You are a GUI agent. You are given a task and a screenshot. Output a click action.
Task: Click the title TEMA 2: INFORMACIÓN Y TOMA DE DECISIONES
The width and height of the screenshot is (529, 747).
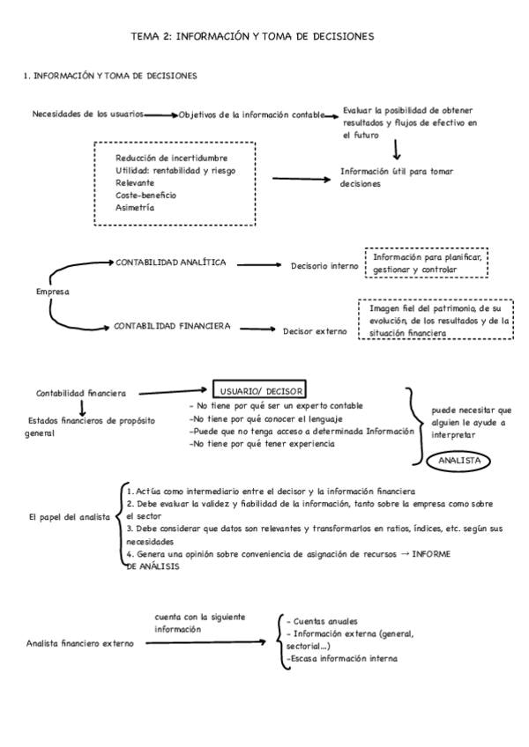pyautogui.click(x=252, y=36)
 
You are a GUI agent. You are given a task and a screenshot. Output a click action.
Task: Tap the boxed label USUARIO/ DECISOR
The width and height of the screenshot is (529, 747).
pyautogui.click(x=259, y=390)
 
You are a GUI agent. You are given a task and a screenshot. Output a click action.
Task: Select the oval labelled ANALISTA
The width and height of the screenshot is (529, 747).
pyautogui.click(x=458, y=461)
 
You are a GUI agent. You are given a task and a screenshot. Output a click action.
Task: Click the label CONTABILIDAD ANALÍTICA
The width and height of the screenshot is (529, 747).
pyautogui.click(x=171, y=263)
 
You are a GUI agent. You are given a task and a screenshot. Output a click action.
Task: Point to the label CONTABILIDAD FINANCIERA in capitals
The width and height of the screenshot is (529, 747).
pyautogui.click(x=172, y=326)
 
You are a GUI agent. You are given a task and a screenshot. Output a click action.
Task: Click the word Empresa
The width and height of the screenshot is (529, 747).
pyautogui.click(x=53, y=292)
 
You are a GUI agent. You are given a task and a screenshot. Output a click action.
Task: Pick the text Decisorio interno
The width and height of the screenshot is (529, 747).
pyautogui.click(x=324, y=265)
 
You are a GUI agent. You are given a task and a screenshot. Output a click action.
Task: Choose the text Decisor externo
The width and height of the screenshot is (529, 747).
pyautogui.click(x=315, y=331)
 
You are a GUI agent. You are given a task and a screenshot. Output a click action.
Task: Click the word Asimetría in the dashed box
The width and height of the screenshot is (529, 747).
pyautogui.click(x=135, y=207)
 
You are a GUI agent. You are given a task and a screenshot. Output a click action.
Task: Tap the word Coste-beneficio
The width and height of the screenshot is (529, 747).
pyautogui.click(x=145, y=195)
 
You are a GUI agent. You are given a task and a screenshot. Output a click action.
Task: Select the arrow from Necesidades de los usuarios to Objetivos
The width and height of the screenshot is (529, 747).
pyautogui.click(x=161, y=115)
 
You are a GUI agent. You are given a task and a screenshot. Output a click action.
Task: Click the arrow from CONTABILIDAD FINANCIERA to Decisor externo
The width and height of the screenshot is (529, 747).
pyautogui.click(x=257, y=329)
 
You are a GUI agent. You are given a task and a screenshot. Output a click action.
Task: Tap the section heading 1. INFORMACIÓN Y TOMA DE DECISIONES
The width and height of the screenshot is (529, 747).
pyautogui.click(x=110, y=76)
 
